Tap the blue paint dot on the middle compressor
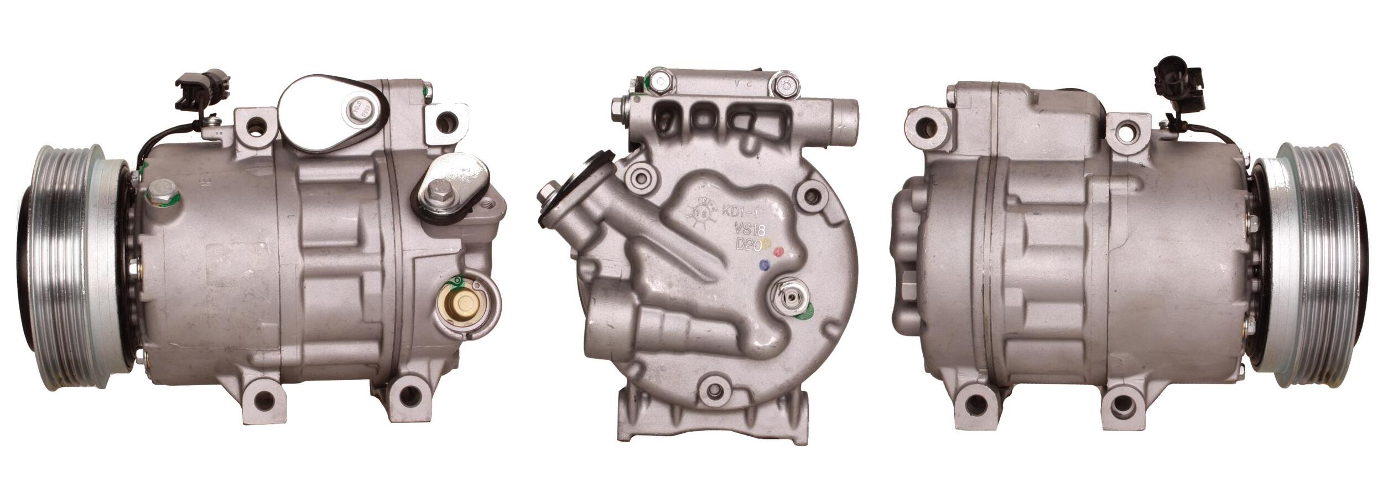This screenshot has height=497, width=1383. coord(765,265)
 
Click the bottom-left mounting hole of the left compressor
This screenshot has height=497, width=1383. coord(265,398)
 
